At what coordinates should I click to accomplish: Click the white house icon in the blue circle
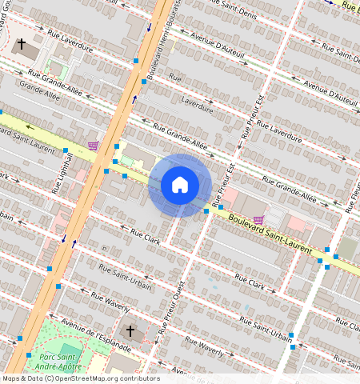[180, 186]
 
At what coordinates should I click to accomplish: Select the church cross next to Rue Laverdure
[22, 45]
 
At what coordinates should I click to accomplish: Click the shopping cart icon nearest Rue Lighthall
[94, 145]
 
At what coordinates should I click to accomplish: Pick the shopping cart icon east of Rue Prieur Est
[258, 219]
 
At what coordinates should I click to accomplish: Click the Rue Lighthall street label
[57, 174]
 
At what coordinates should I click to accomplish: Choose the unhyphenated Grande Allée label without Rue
[42, 95]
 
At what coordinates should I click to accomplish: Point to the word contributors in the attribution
[141, 378]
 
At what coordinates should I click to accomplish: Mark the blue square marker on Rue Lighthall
[65, 150]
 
